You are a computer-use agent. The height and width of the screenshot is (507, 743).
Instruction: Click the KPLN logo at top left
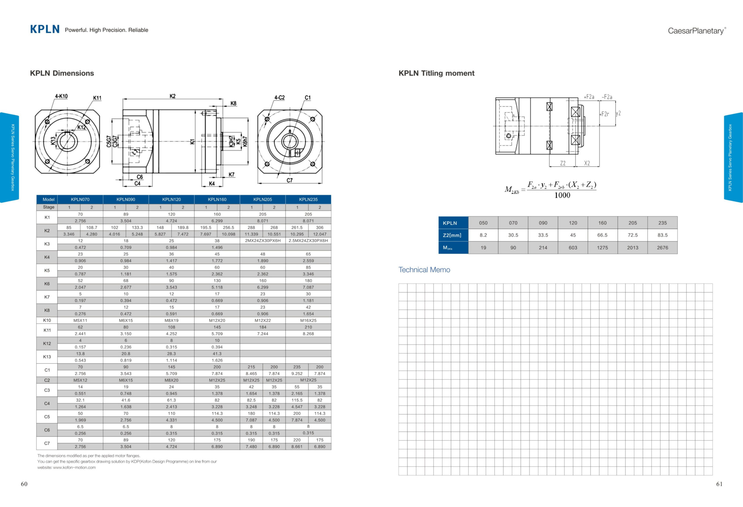point(45,29)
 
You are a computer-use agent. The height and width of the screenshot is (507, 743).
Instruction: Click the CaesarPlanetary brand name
point(696,31)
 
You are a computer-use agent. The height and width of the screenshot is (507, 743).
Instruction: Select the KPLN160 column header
point(217,199)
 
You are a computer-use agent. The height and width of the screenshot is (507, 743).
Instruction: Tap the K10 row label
point(47,320)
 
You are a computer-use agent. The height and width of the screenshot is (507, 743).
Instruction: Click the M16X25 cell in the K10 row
point(308,320)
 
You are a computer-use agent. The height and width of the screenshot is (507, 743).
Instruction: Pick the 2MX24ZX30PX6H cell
point(262,240)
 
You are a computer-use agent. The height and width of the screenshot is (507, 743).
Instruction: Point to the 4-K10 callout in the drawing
point(61,96)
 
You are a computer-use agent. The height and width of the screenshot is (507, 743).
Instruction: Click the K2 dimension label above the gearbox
point(172,96)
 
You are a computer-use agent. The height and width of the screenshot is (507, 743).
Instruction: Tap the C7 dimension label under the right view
point(289,180)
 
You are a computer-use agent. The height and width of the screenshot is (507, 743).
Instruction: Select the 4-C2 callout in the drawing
point(279,97)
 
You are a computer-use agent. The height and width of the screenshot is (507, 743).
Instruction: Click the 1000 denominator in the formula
point(562,195)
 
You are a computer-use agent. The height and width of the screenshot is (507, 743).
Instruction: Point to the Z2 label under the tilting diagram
point(563,163)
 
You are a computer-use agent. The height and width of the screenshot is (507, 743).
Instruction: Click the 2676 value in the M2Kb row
point(662,248)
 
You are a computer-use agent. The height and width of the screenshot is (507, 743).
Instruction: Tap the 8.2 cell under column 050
point(483,235)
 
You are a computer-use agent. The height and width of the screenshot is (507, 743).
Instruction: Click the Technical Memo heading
point(424,270)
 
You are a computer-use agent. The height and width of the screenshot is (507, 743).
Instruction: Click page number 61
point(719,484)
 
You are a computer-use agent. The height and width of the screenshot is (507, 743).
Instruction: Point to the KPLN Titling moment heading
point(436,73)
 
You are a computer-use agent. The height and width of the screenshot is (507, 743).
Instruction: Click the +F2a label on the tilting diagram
point(589,97)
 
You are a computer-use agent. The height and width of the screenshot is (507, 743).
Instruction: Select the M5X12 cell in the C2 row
point(80,380)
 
